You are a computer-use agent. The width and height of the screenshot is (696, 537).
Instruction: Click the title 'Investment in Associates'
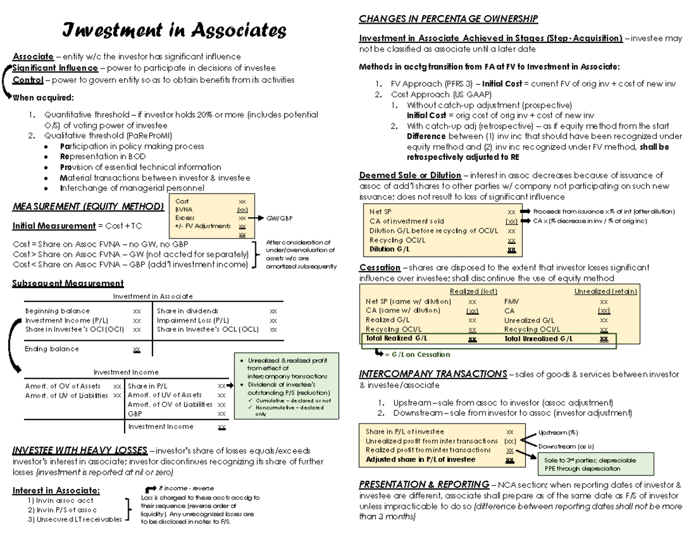click(174, 30)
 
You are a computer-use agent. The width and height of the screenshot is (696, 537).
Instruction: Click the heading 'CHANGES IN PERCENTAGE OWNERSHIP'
click(448, 19)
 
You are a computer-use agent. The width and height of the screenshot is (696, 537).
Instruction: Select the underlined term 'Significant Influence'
click(55, 68)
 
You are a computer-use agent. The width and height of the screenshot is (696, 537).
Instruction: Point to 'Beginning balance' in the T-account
click(57, 311)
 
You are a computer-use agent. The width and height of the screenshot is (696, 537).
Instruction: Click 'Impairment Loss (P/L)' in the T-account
click(193, 320)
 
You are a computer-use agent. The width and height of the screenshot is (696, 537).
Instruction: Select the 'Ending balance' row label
click(52, 349)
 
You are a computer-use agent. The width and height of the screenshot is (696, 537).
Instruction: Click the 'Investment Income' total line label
click(161, 426)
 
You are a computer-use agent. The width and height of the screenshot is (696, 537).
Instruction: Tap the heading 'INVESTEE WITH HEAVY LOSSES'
click(79, 451)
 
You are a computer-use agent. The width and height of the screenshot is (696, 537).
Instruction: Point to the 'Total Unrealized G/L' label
click(538, 338)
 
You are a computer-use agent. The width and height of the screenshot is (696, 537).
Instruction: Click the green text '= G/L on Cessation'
click(418, 355)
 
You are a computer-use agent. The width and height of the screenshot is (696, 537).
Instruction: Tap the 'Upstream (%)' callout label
click(558, 433)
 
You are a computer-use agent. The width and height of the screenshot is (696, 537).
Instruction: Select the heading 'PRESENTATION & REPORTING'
click(424, 484)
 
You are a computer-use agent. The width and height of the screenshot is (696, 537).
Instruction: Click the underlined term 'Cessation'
click(380, 268)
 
